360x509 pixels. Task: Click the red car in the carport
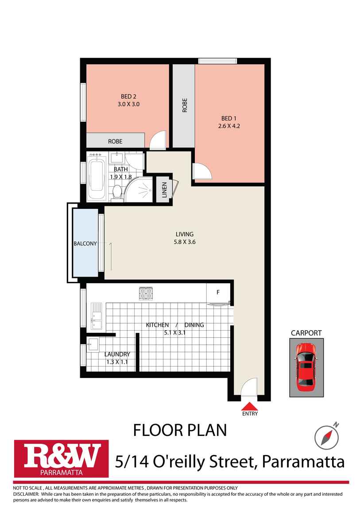pos(306,367)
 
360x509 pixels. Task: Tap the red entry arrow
pos(250,406)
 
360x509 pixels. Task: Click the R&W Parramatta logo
pos(61,459)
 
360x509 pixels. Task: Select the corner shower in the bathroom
pos(139,189)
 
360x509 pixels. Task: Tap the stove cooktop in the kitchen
pos(146,293)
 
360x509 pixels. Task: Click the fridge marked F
pos(218,293)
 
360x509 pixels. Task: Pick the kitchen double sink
pos(97,316)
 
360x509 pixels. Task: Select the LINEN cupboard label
pos(164,190)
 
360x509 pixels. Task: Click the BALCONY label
pos(85,243)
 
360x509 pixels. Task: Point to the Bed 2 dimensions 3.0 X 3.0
pos(128,104)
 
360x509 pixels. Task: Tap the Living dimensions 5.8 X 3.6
pos(184,242)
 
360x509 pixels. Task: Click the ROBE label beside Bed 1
pos(185,105)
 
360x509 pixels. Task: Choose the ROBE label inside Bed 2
pos(115,142)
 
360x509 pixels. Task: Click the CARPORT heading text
pos(306,333)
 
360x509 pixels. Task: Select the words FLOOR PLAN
pos(180,430)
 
